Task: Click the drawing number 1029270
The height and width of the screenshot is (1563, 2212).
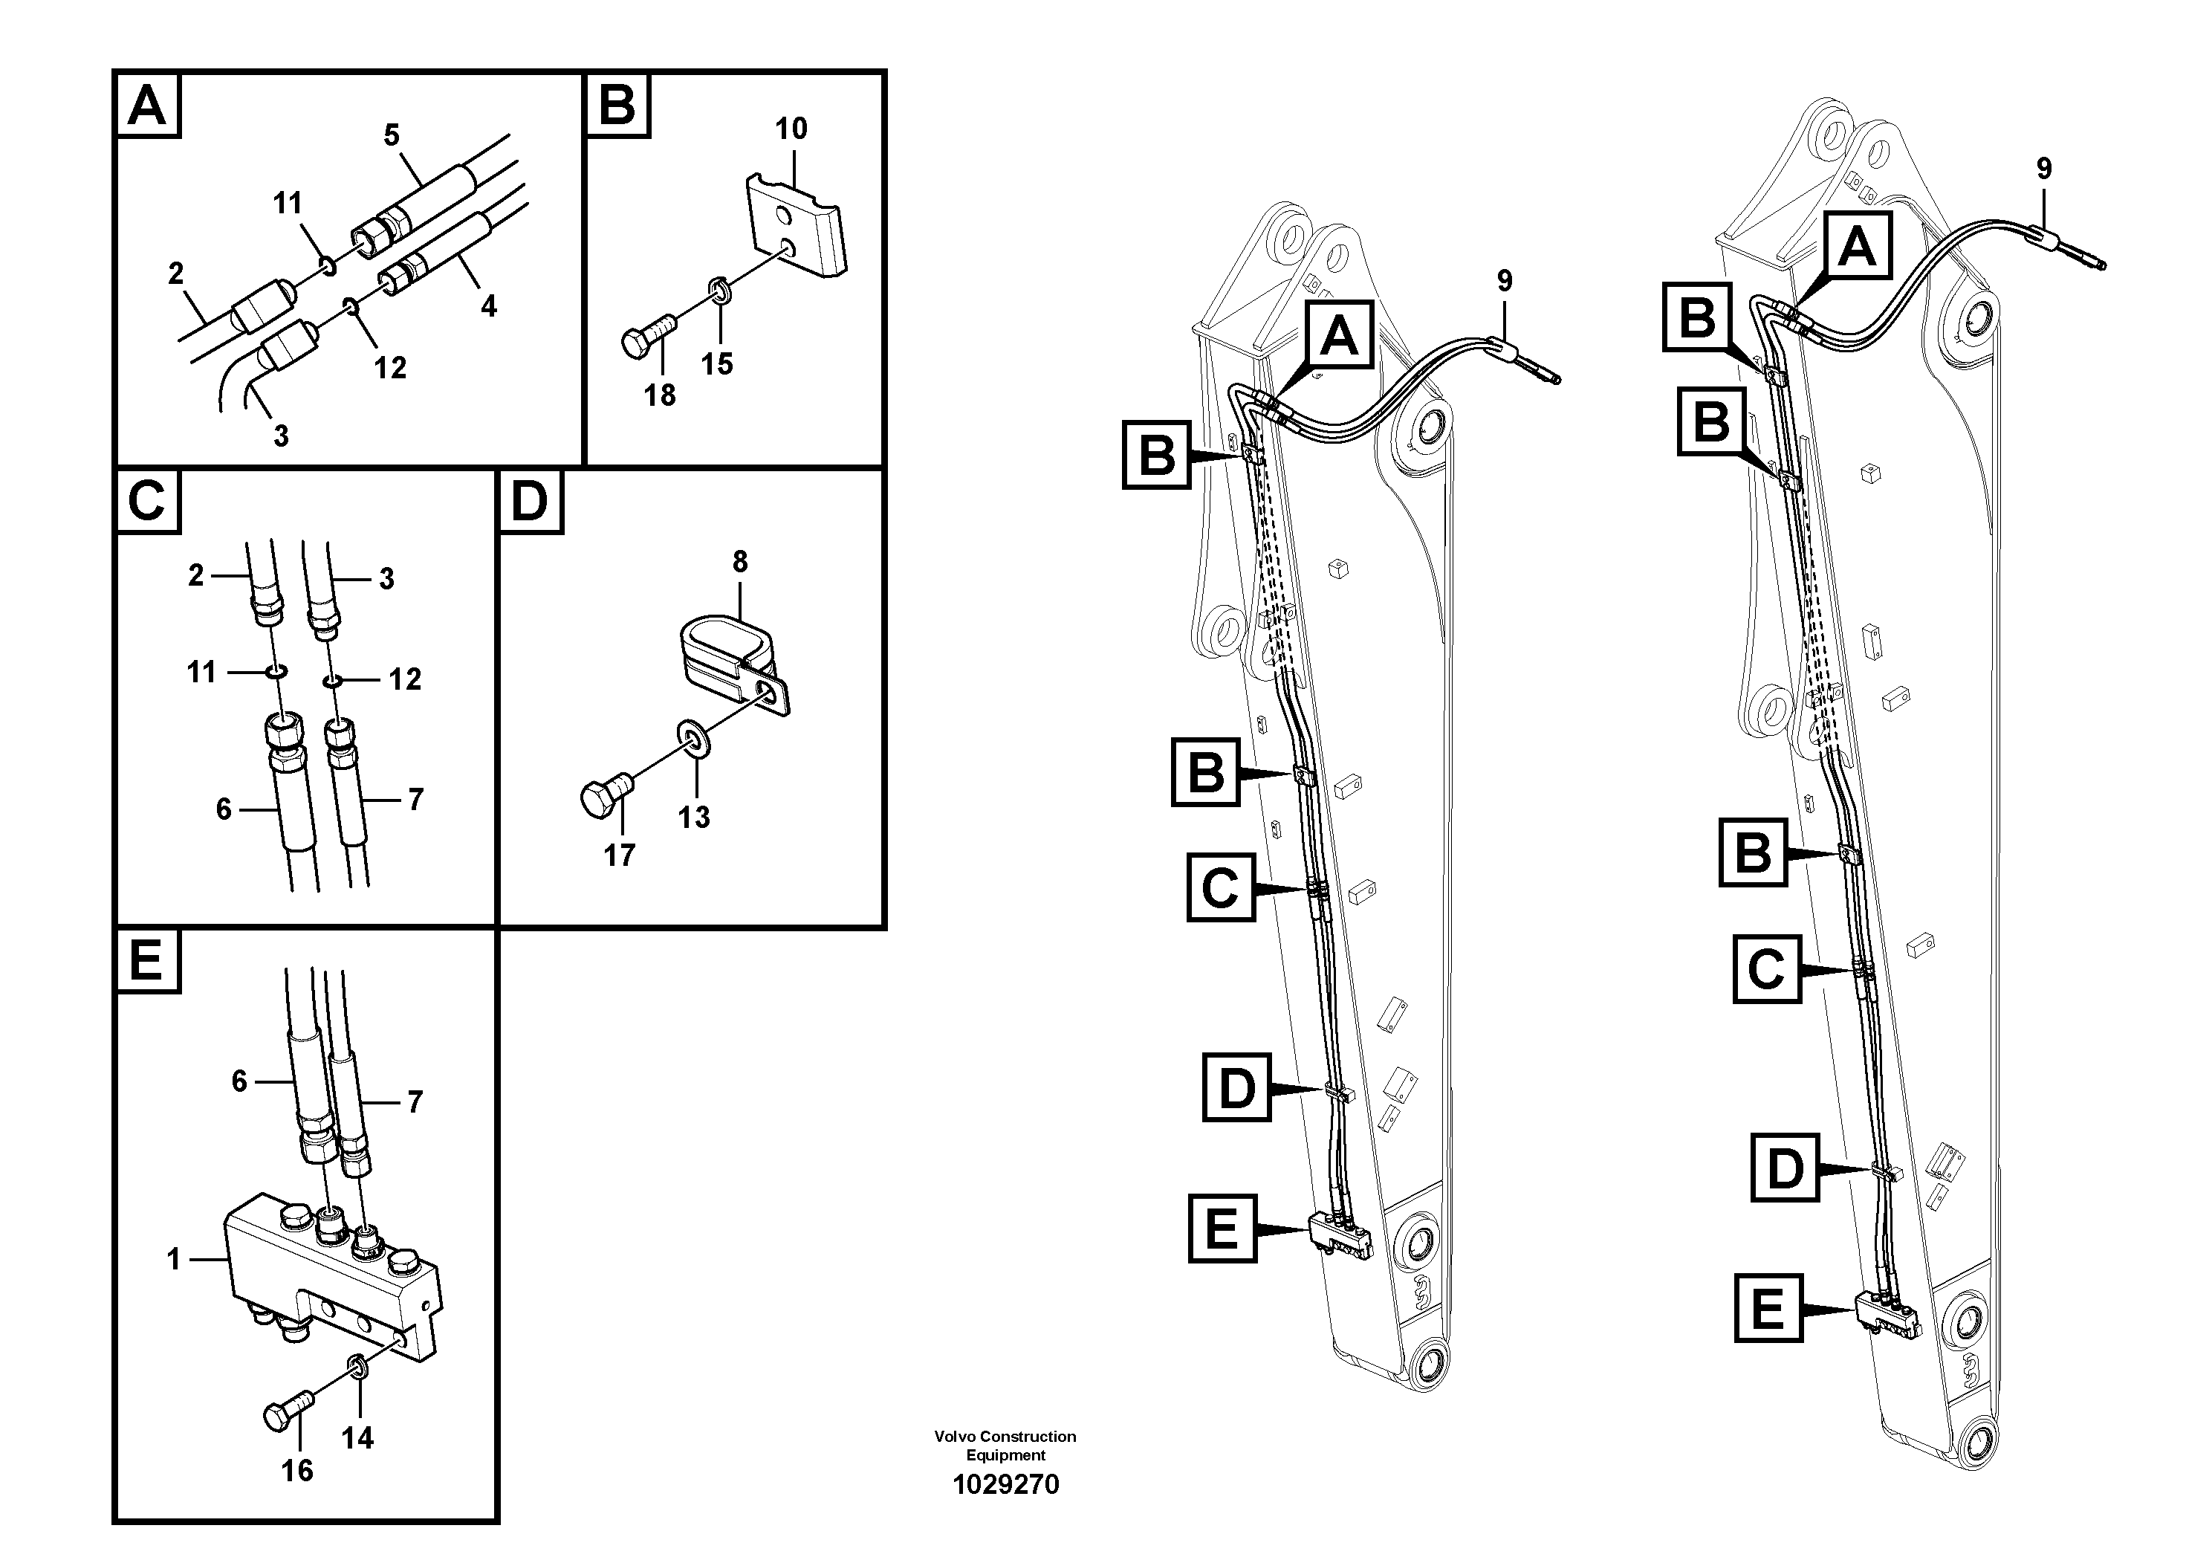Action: (x=1005, y=1485)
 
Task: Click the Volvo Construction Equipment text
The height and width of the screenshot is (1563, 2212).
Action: (x=1005, y=1446)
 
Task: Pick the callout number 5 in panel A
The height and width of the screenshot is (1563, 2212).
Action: (x=391, y=136)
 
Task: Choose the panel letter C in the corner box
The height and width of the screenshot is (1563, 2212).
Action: (x=147, y=501)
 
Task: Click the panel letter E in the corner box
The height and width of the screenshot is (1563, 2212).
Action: (x=146, y=961)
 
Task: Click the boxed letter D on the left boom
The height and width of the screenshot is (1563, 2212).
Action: (x=1237, y=1087)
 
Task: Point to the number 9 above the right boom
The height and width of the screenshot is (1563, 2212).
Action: (x=2044, y=169)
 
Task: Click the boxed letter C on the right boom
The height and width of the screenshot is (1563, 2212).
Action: (x=1767, y=968)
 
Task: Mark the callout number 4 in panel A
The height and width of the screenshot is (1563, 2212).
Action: (x=488, y=306)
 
